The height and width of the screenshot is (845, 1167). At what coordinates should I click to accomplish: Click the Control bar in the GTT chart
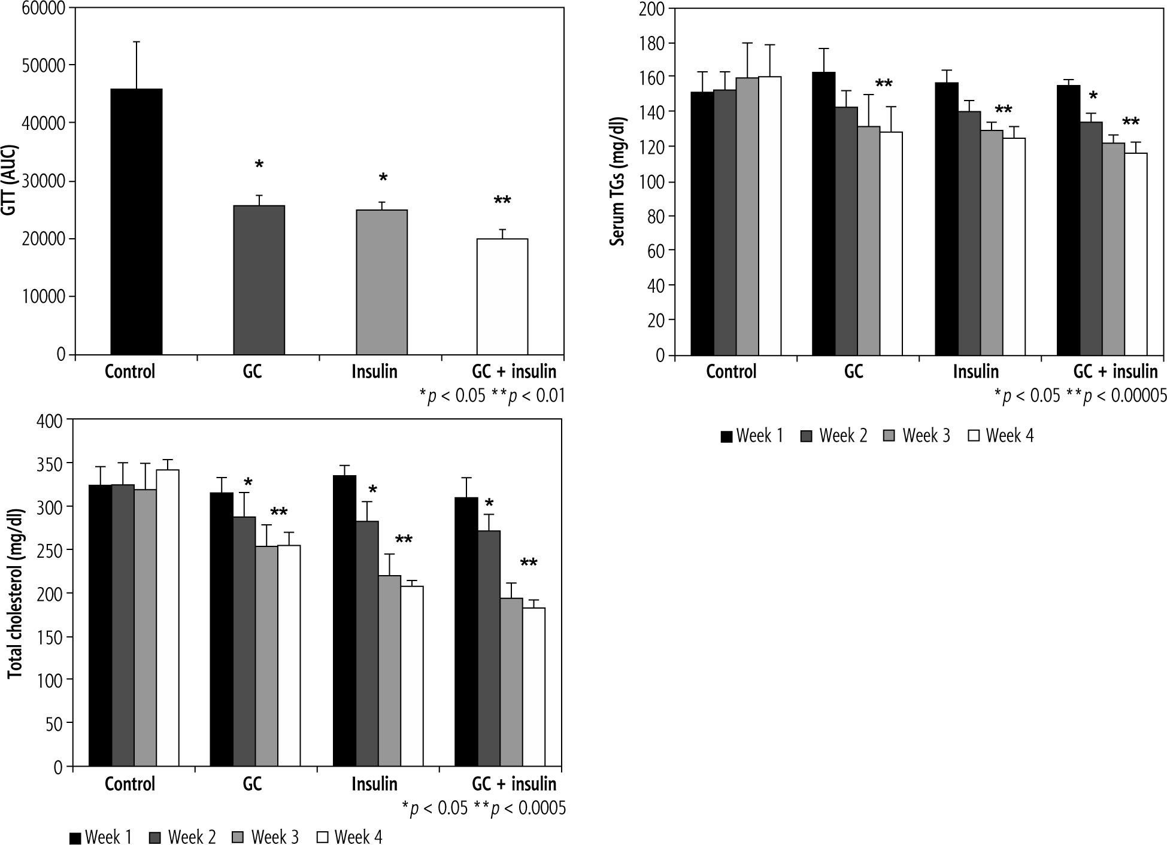point(136,221)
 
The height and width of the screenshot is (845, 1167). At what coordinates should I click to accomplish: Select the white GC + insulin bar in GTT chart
point(502,297)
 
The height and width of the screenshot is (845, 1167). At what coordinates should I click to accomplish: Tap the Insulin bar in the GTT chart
point(381,282)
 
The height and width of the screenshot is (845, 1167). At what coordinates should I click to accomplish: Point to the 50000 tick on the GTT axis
point(46,65)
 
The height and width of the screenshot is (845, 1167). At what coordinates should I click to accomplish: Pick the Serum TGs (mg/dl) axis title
point(617,182)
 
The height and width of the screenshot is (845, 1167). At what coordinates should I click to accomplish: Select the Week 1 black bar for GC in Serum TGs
point(823,214)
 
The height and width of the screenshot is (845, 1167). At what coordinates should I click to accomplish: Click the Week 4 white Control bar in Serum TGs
point(769,216)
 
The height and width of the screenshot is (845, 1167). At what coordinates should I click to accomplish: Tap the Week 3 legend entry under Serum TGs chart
point(917,436)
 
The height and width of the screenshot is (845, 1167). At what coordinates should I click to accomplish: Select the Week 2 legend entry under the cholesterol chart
point(182,837)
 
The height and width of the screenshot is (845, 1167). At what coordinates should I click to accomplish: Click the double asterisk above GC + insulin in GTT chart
point(502,201)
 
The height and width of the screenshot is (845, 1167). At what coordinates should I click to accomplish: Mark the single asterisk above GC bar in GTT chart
point(259,165)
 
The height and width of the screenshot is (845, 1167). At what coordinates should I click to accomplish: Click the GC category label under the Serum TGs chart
point(853,372)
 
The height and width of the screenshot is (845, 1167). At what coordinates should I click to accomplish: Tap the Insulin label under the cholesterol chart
point(374,783)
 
